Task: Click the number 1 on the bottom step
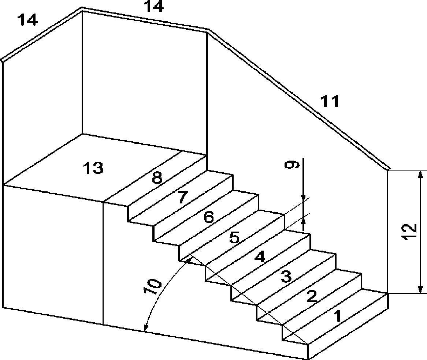click(x=338, y=315)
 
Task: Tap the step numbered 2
click(x=311, y=296)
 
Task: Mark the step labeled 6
click(x=208, y=218)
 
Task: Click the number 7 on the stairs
click(x=182, y=198)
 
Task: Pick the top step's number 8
click(x=157, y=178)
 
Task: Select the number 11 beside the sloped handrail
click(x=330, y=101)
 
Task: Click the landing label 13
click(x=93, y=169)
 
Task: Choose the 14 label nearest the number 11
click(x=153, y=7)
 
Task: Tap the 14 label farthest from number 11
click(x=27, y=20)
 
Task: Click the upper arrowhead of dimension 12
click(x=420, y=175)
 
